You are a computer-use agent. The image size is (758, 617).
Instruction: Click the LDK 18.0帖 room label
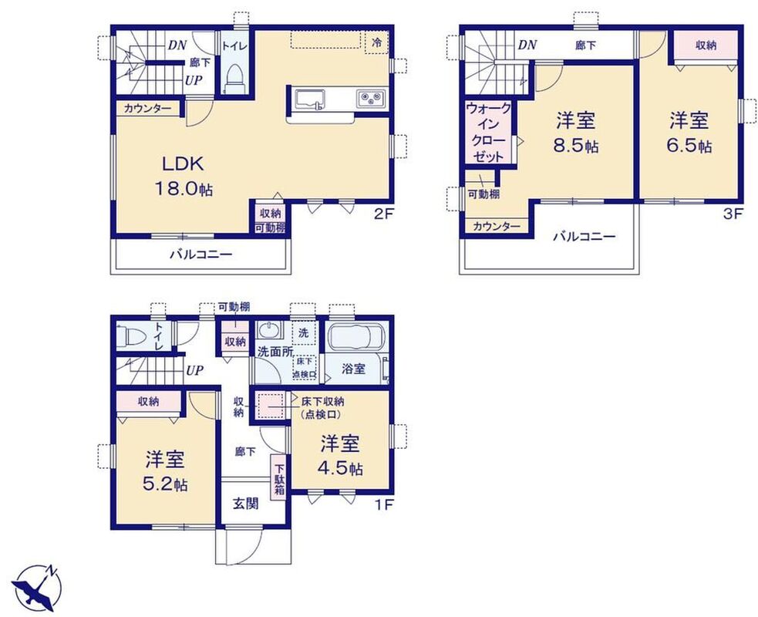point(184,176)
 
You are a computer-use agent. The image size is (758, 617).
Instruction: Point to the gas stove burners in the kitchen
point(371,99)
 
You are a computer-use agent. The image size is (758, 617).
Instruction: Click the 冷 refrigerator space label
point(376,42)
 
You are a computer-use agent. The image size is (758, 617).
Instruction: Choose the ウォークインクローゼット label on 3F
point(488,132)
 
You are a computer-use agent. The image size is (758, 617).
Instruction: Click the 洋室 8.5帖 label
point(575,132)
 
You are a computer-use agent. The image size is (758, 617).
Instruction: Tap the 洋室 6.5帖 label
point(689,132)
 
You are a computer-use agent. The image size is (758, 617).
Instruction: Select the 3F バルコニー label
point(584,237)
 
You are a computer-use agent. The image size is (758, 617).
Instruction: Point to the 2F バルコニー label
point(200,255)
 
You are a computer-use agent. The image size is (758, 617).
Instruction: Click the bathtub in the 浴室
point(356,338)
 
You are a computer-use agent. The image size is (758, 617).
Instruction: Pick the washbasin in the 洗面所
point(268,331)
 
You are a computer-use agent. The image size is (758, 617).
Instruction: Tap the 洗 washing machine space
point(304,332)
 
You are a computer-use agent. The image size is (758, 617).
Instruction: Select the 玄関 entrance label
point(245,504)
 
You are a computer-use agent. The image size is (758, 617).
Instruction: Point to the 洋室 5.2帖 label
point(165,470)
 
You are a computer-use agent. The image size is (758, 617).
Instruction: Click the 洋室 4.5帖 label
point(340,455)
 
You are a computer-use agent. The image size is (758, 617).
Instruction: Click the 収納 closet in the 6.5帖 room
point(706,46)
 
